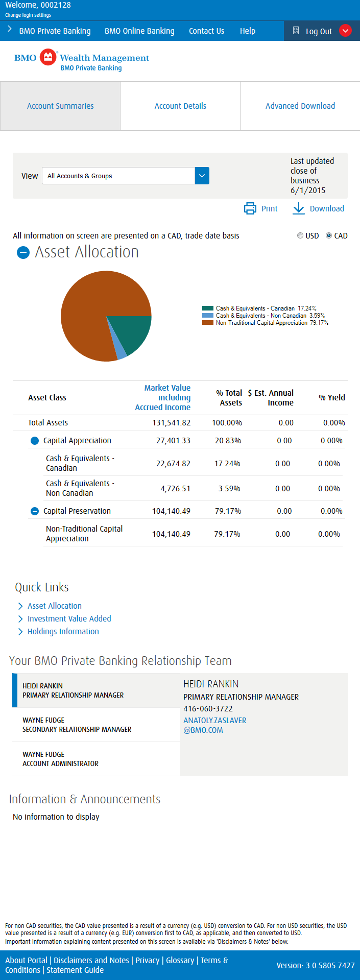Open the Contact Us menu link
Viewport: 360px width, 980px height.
pyautogui.click(x=206, y=31)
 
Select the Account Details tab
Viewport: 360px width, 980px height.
pyautogui.click(x=180, y=106)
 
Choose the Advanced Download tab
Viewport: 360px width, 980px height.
pyautogui.click(x=300, y=106)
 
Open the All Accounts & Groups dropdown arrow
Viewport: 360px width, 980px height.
pyautogui.click(x=202, y=176)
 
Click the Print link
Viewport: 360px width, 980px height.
pyautogui.click(x=261, y=208)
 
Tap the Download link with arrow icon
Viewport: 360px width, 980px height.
pyautogui.click(x=318, y=208)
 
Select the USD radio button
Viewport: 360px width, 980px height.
pyautogui.click(x=300, y=236)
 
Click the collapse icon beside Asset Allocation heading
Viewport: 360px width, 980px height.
pyautogui.click(x=23, y=252)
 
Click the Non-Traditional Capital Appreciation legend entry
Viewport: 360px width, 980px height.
pyautogui.click(x=266, y=323)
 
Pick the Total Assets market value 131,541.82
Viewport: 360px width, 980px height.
pyautogui.click(x=172, y=423)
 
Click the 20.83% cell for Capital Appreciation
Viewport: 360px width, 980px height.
pyautogui.click(x=228, y=441)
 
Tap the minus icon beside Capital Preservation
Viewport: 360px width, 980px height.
pyautogui.click(x=35, y=511)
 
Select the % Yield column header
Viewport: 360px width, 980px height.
pyautogui.click(x=332, y=397)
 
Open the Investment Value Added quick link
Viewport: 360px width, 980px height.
pyautogui.click(x=69, y=618)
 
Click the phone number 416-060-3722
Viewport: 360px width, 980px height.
pyautogui.click(x=208, y=709)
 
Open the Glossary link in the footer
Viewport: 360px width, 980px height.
pyautogui.click(x=180, y=960)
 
